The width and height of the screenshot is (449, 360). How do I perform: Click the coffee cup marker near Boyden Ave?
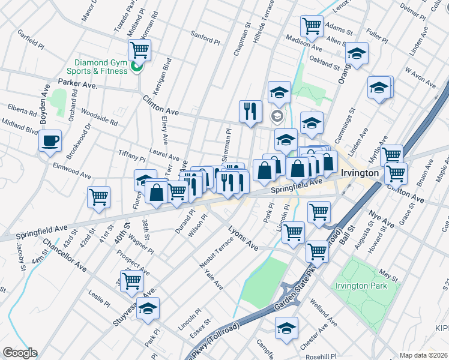pyautogui.click(x=50, y=141)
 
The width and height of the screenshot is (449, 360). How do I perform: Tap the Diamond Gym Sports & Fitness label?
pyautogui.click(x=100, y=67)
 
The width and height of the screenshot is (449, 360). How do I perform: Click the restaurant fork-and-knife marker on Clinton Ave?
pyautogui.click(x=250, y=110)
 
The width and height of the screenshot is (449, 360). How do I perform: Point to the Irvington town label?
pyautogui.click(x=359, y=173)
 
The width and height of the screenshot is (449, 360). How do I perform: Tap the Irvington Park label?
pyautogui.click(x=361, y=286)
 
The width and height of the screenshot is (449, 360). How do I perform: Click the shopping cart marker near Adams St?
pyautogui.click(x=312, y=26)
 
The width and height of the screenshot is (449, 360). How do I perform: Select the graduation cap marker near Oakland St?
pyautogui.click(x=357, y=55)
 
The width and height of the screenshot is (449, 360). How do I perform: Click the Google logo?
pyautogui.click(x=20, y=353)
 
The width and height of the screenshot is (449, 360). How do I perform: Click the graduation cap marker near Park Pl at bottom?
pyautogui.click(x=148, y=308)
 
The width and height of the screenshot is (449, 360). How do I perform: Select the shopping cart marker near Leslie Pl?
pyautogui.click(x=131, y=280)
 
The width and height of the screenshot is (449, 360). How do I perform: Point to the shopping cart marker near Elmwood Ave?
pyautogui.click(x=98, y=196)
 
